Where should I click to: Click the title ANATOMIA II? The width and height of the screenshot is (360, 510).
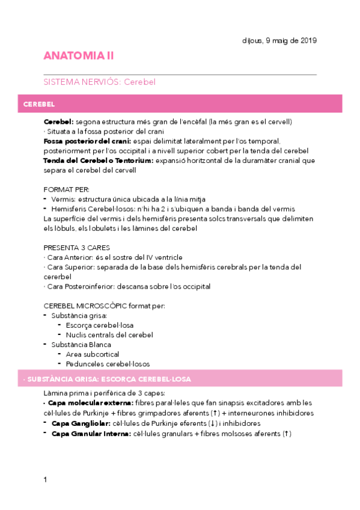(78, 56)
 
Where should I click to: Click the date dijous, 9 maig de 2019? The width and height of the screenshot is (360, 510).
(276, 40)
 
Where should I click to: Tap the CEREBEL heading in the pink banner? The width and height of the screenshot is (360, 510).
(39, 104)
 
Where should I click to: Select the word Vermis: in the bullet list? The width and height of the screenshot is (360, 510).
(64, 199)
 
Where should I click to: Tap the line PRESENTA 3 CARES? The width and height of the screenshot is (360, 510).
(76, 248)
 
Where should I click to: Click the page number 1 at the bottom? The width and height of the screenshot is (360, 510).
(45, 479)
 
